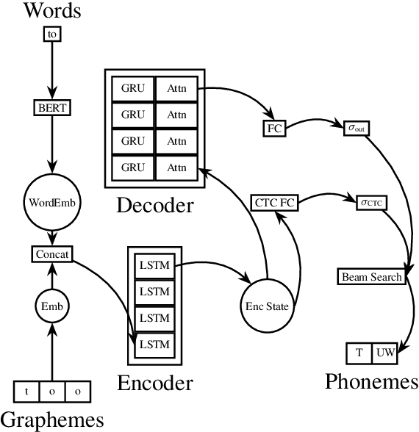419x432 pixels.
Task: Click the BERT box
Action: (x=51, y=108)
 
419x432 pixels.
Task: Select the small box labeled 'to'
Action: (x=51, y=35)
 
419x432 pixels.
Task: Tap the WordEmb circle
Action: (x=51, y=200)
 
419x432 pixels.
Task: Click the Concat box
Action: (x=51, y=254)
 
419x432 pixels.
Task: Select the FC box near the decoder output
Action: (x=274, y=129)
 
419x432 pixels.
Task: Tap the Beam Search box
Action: (x=372, y=277)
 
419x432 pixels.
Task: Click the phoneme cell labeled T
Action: (x=359, y=353)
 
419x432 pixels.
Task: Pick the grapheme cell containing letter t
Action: (x=27, y=391)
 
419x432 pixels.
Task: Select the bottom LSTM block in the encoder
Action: (x=154, y=344)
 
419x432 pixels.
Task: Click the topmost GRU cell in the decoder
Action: (x=133, y=88)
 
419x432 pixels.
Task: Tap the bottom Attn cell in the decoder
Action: (x=176, y=168)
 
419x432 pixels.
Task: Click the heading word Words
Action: (x=51, y=11)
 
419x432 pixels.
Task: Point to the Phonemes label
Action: (x=372, y=382)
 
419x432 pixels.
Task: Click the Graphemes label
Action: (x=51, y=420)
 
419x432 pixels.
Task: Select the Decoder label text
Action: (x=154, y=204)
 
